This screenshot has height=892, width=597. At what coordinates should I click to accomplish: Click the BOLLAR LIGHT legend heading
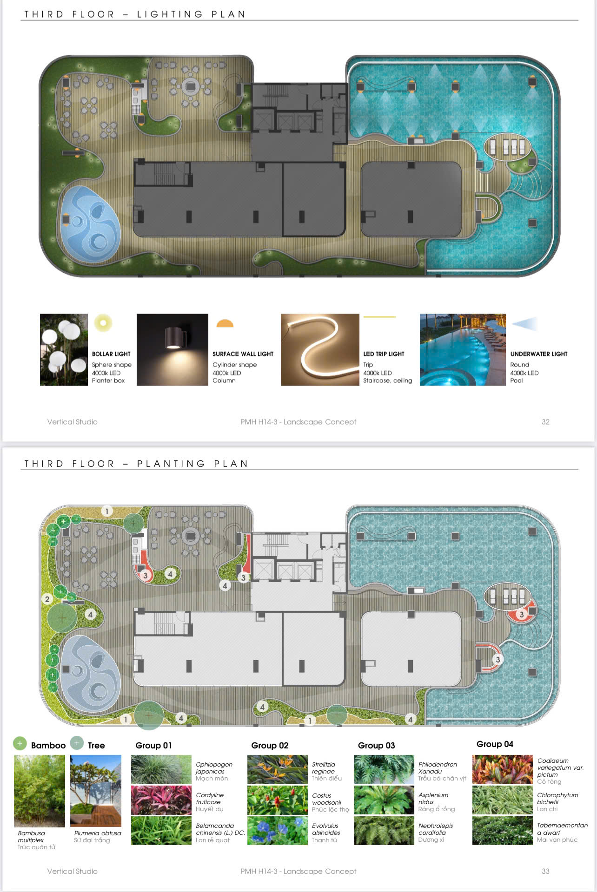pos(111,354)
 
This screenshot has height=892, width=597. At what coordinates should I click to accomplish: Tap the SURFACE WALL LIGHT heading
pos(243,354)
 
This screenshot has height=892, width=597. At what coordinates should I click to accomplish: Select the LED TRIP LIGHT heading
pos(384,354)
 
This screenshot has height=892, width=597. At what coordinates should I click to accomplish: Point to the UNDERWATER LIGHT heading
pos(539,354)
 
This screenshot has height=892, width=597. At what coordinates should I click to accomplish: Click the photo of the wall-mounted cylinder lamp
pos(172,350)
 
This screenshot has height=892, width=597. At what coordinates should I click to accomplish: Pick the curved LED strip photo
pos(320,350)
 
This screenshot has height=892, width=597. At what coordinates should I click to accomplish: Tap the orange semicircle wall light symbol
pos(225,324)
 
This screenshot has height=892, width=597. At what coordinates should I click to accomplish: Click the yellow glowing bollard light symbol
pos(103,323)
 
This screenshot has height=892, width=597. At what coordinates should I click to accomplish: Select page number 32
pos(545,422)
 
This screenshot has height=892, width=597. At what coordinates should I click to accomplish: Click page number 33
pos(545,872)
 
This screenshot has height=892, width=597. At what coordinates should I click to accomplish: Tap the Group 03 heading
pos(376,746)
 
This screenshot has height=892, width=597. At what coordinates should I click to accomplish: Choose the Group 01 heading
pos(153,746)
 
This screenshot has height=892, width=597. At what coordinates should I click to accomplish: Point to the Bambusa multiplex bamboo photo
pos(40,791)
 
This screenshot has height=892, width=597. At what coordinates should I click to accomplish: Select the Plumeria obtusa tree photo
pos(96,791)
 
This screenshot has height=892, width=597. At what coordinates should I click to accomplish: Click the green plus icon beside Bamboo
pos(20,744)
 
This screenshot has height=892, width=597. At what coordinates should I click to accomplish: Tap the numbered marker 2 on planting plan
pos(47,599)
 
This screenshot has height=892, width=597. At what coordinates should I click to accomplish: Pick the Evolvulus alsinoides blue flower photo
pos(278,831)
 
